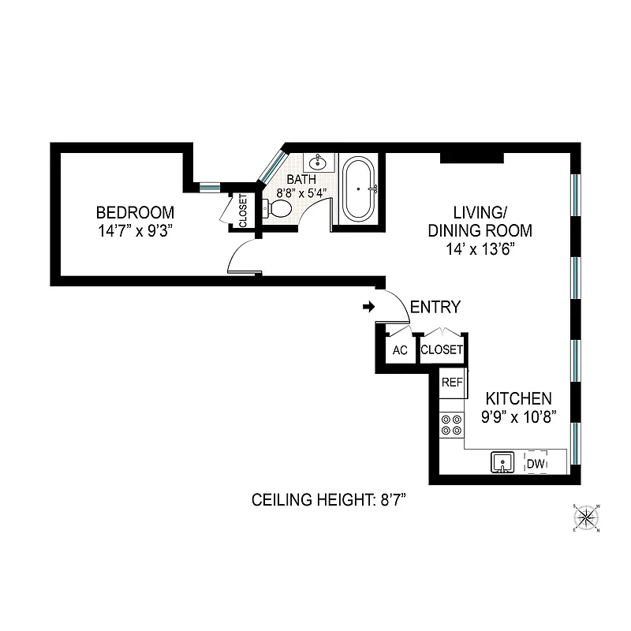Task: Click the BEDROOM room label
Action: pyautogui.click(x=135, y=213)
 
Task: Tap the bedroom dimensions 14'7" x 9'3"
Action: pyautogui.click(x=135, y=231)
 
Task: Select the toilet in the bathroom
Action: pyautogui.click(x=278, y=208)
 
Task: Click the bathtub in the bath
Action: pyautogui.click(x=359, y=189)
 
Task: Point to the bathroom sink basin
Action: pyautogui.click(x=319, y=164)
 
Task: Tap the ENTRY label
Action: pyautogui.click(x=435, y=308)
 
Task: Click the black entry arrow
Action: pyautogui.click(x=368, y=306)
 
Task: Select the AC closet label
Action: pyautogui.click(x=400, y=350)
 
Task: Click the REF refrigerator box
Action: pyautogui.click(x=451, y=383)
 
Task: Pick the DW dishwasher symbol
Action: pyautogui.click(x=536, y=463)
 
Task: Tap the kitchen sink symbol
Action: pyautogui.click(x=501, y=462)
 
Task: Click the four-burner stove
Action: pyautogui.click(x=452, y=425)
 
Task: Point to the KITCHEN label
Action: pyautogui.click(x=517, y=399)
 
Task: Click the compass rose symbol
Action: pyautogui.click(x=587, y=517)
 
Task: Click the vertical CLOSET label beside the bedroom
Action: pyautogui.click(x=243, y=211)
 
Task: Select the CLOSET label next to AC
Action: pyautogui.click(x=441, y=350)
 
